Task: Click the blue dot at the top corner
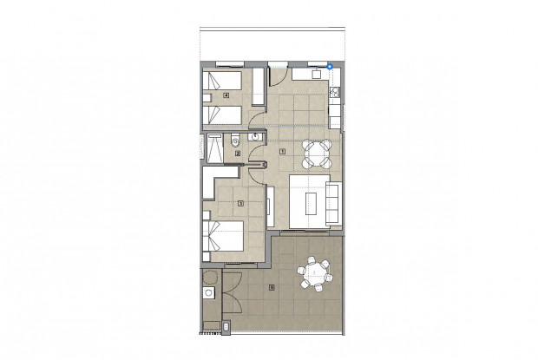click(330, 65)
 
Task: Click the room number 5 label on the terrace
click(272, 287)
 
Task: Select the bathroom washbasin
click(256, 137)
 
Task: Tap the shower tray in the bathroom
click(214, 146)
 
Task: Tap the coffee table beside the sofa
click(312, 202)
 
